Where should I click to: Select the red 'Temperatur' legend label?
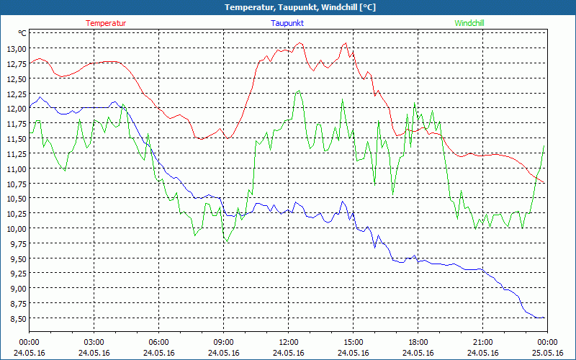(106, 23)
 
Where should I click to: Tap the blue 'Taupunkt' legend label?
(287, 23)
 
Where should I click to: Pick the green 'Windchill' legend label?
(469, 23)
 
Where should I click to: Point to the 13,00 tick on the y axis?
(17, 49)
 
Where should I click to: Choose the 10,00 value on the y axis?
(17, 228)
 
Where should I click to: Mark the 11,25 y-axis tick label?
(17, 153)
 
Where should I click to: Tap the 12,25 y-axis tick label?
(17, 94)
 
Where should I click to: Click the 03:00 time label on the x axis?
(94, 342)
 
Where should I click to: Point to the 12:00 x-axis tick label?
(288, 342)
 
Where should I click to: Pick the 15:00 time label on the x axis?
(353, 342)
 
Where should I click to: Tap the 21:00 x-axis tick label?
(482, 342)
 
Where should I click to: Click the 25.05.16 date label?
(546, 353)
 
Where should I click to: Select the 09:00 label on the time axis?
(223, 342)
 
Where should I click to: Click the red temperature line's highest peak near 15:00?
(346, 42)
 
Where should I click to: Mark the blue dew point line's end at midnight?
(544, 318)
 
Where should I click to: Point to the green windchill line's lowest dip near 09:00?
(226, 242)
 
